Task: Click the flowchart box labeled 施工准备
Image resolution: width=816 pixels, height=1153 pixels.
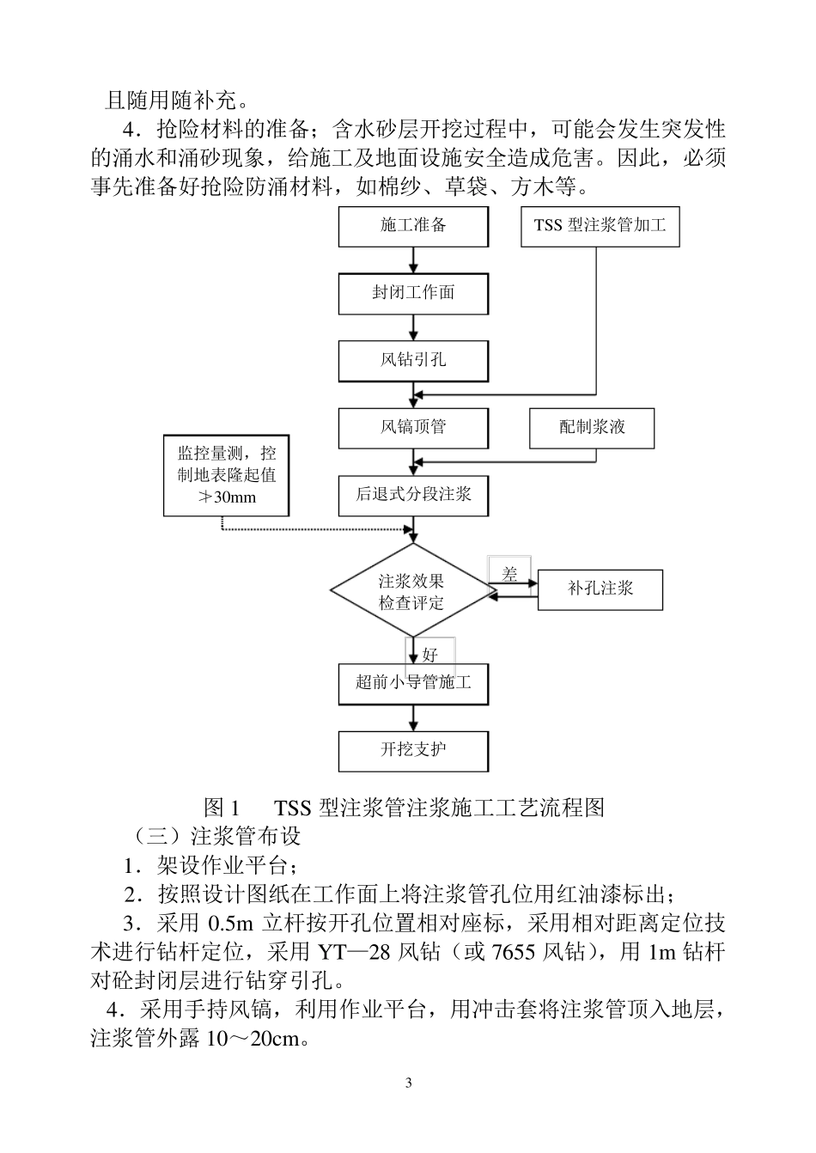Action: click(413, 226)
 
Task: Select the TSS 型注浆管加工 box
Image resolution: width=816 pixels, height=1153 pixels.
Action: click(600, 226)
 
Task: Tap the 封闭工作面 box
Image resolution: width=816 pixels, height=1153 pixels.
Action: click(413, 293)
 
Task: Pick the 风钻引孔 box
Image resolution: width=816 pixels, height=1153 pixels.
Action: click(413, 360)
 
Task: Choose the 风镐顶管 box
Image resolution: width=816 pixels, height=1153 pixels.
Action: click(413, 427)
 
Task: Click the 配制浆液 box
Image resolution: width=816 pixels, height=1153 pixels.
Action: click(592, 427)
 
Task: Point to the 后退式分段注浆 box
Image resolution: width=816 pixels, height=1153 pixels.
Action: click(413, 494)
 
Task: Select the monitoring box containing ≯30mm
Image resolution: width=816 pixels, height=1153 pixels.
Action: click(227, 475)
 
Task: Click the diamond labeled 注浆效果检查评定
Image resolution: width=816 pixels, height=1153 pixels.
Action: click(412, 591)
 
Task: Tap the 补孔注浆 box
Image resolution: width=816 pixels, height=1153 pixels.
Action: click(600, 589)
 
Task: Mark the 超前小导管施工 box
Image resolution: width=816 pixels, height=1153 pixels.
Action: click(413, 684)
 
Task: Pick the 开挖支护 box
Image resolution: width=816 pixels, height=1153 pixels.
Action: click(413, 750)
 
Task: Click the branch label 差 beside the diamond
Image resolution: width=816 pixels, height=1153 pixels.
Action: click(509, 575)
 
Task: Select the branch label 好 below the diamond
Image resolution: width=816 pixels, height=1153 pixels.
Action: click(430, 655)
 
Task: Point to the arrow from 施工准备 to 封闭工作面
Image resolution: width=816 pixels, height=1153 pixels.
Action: click(413, 259)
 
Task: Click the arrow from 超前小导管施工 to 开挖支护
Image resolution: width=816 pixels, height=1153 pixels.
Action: click(413, 717)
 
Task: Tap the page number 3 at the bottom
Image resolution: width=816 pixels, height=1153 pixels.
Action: click(409, 1083)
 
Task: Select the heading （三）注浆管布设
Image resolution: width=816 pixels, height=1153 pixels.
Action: click(216, 835)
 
